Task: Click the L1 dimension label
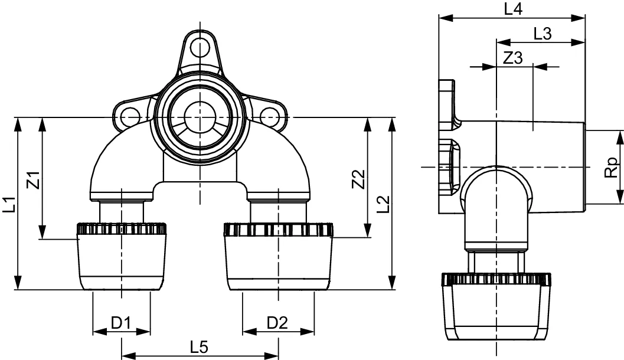pos(11,204)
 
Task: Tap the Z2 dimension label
pos(358,179)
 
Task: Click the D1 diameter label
pos(121,322)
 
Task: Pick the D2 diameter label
pos(277,322)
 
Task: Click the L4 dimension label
pos(512,9)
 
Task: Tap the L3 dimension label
pos(541,34)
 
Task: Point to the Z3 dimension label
pos(513,58)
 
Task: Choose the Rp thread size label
pos(612,168)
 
